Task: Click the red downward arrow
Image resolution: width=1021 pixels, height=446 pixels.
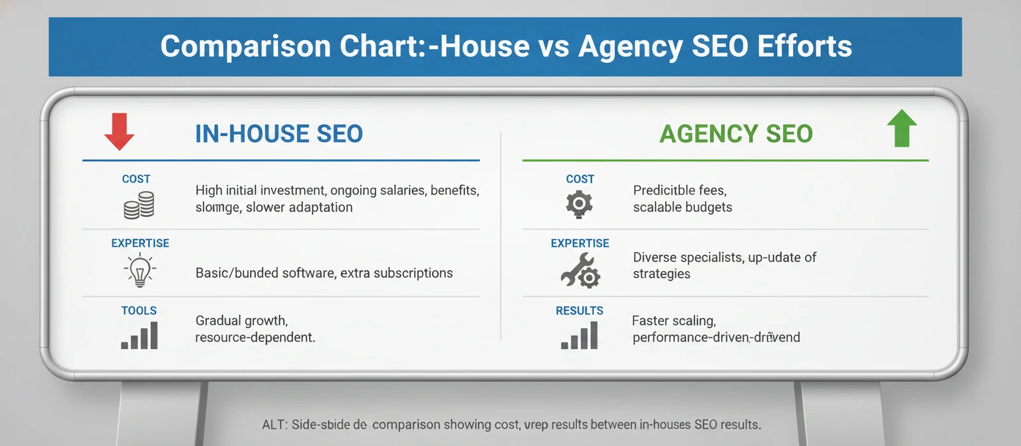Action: [x=120, y=131]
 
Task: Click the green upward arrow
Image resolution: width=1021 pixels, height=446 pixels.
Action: [x=902, y=128]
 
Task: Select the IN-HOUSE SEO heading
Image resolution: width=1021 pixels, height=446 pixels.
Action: [x=279, y=134]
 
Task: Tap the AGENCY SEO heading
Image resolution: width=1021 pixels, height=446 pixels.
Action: [x=736, y=134]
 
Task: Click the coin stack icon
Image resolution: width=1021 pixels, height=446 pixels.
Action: [x=139, y=205]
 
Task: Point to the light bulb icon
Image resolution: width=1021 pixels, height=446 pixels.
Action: [x=139, y=271]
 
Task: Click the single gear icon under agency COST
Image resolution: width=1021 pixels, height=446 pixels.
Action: [x=579, y=204]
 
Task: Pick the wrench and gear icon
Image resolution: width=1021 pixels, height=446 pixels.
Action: [x=579, y=272]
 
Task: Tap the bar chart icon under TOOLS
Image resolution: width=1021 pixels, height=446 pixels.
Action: [x=139, y=336]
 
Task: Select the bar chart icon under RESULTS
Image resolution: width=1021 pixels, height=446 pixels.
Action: [x=579, y=336]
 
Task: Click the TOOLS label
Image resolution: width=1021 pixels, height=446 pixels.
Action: [x=139, y=311]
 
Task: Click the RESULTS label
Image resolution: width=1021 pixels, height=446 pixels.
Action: [x=580, y=311]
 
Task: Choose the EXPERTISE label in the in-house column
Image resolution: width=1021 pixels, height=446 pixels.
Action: [x=140, y=244]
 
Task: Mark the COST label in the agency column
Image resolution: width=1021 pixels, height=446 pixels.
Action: [x=580, y=179]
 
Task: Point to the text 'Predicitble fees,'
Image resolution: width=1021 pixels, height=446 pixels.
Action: [x=680, y=191]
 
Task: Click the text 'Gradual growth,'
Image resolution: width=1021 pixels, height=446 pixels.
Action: [x=241, y=321]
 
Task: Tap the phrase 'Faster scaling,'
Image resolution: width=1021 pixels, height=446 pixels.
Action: [x=673, y=321]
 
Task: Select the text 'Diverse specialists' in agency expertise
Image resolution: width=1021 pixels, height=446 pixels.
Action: [x=687, y=258]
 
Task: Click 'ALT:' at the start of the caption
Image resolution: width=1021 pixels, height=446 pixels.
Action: [x=276, y=424]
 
